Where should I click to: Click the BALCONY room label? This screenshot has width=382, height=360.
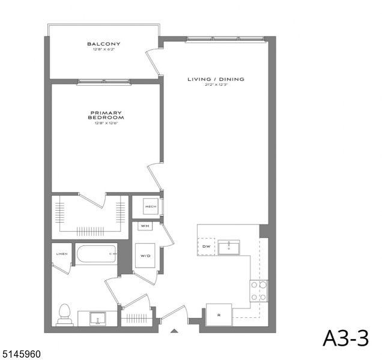point(103,44)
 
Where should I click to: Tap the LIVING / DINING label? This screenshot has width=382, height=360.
point(216,79)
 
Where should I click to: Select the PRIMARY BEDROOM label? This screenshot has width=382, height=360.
point(106,115)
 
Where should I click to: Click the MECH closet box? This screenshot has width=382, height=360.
point(150,208)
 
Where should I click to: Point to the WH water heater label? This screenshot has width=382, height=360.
point(145,226)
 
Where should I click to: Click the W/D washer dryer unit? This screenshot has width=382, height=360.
point(145,256)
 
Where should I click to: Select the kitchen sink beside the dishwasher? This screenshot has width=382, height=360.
point(229,247)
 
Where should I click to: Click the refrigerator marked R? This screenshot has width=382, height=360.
point(219,314)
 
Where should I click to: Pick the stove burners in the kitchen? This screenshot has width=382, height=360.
point(259,291)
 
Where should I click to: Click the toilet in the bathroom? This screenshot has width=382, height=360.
point(64,314)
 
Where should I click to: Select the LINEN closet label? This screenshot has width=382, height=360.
point(62,254)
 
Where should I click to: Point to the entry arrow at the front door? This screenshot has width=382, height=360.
point(174,331)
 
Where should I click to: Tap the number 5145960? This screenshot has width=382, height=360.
point(21,355)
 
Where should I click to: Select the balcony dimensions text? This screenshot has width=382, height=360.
point(103,50)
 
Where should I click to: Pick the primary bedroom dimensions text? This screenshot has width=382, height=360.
point(106,124)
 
